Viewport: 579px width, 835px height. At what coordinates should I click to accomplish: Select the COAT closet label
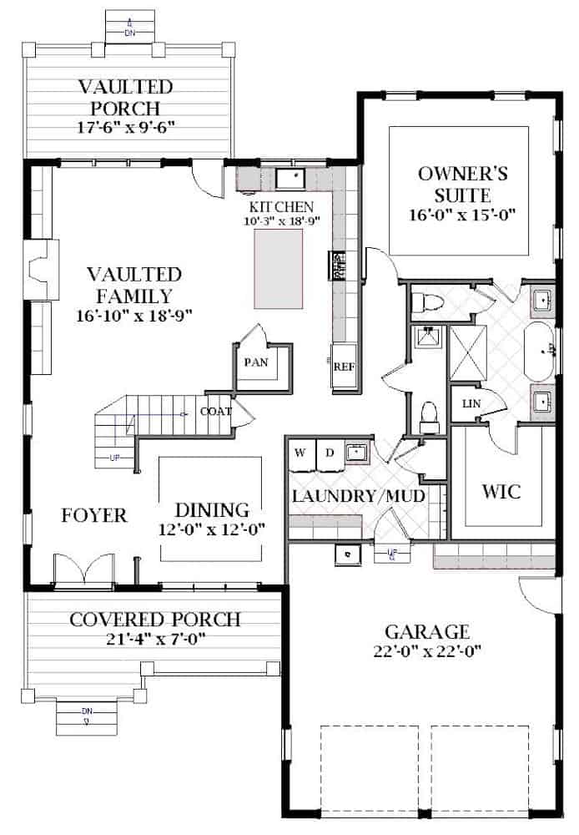(x=215, y=412)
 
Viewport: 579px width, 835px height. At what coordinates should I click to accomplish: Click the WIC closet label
(x=501, y=491)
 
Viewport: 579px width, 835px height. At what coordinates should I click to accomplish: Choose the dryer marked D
(x=329, y=453)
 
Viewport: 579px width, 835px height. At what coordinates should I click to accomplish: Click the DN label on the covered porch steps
(x=87, y=714)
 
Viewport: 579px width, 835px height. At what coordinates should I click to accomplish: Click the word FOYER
(x=93, y=515)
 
